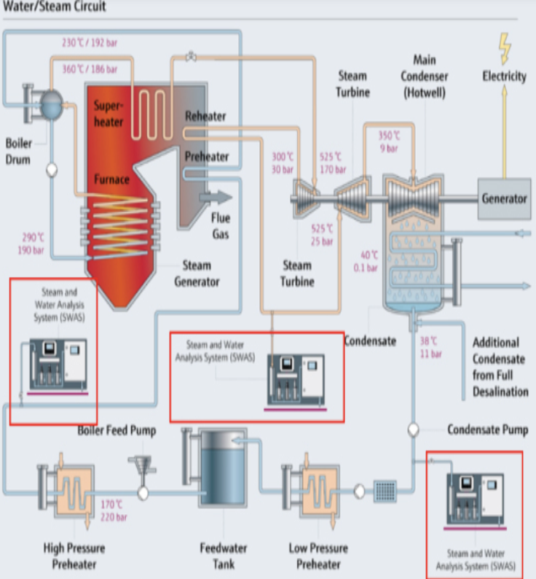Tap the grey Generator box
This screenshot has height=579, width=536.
tap(504, 198)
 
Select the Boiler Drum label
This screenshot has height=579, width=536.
tap(18, 149)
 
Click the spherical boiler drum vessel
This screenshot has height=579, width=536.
tap(51, 104)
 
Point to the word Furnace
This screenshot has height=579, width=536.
tap(111, 179)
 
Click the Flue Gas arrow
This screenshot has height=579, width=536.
tap(218, 197)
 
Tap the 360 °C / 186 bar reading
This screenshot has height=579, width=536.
tap(90, 69)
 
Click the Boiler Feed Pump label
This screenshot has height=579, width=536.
tap(117, 431)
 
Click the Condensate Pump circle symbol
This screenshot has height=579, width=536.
tap(413, 430)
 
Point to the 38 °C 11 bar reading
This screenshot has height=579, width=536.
tap(430, 347)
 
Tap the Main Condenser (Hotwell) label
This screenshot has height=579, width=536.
tap(424, 76)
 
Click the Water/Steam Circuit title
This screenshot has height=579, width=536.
tap(55, 7)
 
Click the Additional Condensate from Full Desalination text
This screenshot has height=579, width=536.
tap(500, 367)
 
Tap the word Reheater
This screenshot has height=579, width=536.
tap(205, 116)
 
